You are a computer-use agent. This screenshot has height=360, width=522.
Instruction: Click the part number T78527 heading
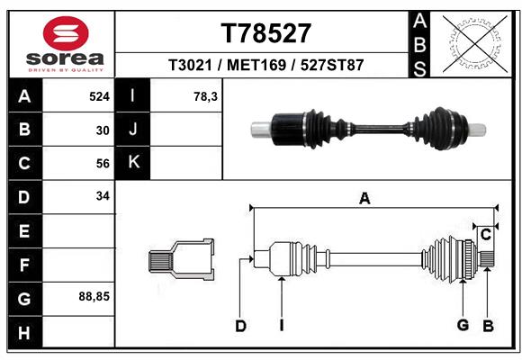[265, 33]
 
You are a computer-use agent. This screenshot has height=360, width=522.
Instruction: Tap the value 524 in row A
[98, 95]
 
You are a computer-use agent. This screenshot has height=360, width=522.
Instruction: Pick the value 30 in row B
[103, 130]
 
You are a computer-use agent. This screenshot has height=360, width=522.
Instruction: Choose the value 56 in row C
[103, 163]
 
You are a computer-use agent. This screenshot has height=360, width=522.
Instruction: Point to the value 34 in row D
[103, 196]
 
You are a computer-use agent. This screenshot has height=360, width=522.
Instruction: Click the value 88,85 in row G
[94, 296]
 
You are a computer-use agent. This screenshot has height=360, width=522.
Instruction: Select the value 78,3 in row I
[206, 95]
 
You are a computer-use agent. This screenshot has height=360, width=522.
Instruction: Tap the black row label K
[133, 163]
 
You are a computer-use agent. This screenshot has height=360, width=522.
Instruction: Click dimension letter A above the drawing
[364, 199]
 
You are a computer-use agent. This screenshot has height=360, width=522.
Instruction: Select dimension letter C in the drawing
[485, 235]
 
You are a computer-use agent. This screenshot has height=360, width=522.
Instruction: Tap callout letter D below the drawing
[240, 326]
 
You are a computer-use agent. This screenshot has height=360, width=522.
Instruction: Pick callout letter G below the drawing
[463, 326]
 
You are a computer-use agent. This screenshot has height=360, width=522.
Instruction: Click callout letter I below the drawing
[281, 326]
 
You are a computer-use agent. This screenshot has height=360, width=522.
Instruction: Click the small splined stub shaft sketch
[181, 260]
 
